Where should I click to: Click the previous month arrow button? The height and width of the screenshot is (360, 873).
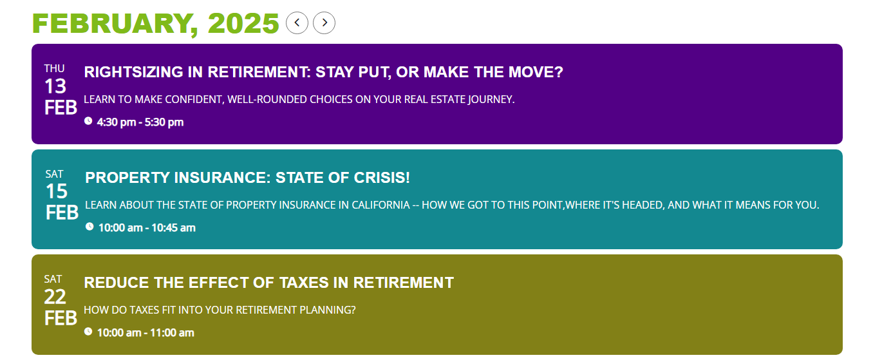(x=297, y=23)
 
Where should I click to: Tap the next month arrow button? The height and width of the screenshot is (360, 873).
(x=324, y=23)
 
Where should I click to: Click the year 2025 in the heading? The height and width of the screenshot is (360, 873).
(x=243, y=23)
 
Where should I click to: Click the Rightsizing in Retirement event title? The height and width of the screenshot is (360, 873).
(x=323, y=72)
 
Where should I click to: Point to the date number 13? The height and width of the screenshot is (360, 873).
(x=55, y=86)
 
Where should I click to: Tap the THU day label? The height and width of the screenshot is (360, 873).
(x=54, y=69)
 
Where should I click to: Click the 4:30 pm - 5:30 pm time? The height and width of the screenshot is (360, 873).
(x=140, y=122)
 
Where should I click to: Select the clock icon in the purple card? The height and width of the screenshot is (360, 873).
(x=88, y=121)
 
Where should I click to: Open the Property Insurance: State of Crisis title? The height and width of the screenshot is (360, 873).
(x=247, y=178)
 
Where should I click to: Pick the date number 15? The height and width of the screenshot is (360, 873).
(x=57, y=191)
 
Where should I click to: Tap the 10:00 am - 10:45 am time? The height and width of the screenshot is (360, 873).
(x=147, y=228)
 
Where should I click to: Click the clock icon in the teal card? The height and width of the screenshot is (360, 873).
(x=89, y=227)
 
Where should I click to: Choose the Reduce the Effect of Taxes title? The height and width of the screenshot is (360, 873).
(x=269, y=283)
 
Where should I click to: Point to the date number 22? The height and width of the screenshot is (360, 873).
(x=55, y=297)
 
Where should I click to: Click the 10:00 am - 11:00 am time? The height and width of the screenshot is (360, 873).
(x=145, y=333)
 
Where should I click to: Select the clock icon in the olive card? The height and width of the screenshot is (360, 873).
(x=88, y=332)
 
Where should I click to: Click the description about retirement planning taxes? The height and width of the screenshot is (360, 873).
(x=220, y=310)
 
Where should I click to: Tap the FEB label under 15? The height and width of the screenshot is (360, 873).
(x=62, y=213)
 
